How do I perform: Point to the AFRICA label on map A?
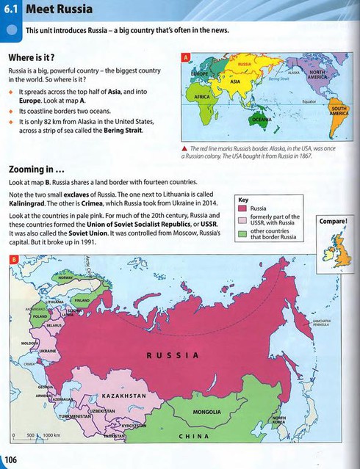pyautogui.click(x=202, y=96)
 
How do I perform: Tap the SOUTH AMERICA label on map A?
pyautogui.click(x=338, y=111)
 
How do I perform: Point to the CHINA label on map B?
pyautogui.click(x=194, y=436)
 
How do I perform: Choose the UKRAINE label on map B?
pyautogui.click(x=47, y=351)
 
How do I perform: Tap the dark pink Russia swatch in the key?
pyautogui.click(x=244, y=208)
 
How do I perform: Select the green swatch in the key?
pyautogui.click(x=244, y=235)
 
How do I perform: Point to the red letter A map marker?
pyautogui.click(x=186, y=57)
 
